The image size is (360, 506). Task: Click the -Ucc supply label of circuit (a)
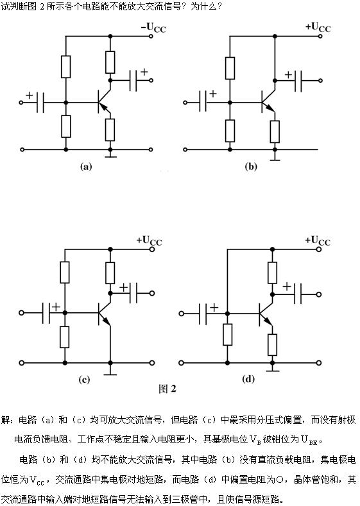pyautogui.click(x=153, y=28)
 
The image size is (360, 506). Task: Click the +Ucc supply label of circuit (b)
pyautogui.click(x=318, y=28)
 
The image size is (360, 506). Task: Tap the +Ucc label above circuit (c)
pyautogui.click(x=149, y=240)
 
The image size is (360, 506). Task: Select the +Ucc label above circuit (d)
pyautogui.click(x=318, y=240)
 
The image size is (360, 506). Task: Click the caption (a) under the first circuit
pyautogui.click(x=86, y=167)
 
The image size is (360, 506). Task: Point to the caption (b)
pyautogui.click(x=251, y=167)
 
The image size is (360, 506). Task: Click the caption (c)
pyautogui.click(x=84, y=380)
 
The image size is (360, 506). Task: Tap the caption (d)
pyautogui.click(x=248, y=379)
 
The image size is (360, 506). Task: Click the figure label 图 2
pyautogui.click(x=167, y=389)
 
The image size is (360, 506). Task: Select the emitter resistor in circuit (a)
pyautogui.click(x=110, y=130)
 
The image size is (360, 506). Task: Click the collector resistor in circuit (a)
pyautogui.click(x=110, y=62)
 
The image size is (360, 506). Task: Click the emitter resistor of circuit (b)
pyautogui.click(x=275, y=131)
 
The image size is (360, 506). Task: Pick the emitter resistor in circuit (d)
pyautogui.click(x=273, y=344)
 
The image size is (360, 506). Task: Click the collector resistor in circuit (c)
pyautogui.click(x=110, y=273)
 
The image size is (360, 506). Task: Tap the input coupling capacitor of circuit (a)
pyautogui.click(x=40, y=103)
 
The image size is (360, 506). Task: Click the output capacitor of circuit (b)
pyautogui.click(x=298, y=80)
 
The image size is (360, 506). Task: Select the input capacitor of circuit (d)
pyautogui.click(x=203, y=314)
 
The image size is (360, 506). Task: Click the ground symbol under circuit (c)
pyautogui.click(x=110, y=372)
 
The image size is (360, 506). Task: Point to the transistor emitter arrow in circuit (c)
pyautogui.click(x=106, y=321)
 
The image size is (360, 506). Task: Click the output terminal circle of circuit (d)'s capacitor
pyautogui.click(x=319, y=294)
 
